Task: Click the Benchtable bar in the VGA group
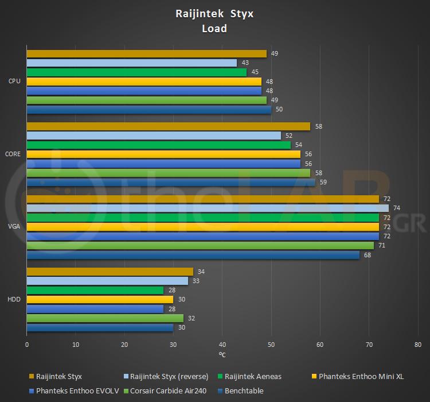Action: tap(193, 255)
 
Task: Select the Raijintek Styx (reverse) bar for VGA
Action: tap(208, 208)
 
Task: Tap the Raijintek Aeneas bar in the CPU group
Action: tap(136, 72)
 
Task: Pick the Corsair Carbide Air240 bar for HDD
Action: tap(105, 318)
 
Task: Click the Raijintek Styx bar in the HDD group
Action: tap(110, 272)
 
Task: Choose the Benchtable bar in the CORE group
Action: tap(171, 182)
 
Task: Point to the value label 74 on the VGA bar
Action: tap(397, 208)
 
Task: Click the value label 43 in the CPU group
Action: tap(245, 63)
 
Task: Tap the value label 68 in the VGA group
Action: tap(368, 255)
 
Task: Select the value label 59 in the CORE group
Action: tap(323, 182)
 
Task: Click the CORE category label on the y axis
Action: tap(13, 154)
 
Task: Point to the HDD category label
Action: tap(14, 299)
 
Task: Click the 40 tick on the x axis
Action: tap(222, 345)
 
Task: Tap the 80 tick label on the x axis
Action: tap(417, 345)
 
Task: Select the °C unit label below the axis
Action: tap(222, 354)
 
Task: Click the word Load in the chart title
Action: tap(214, 28)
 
